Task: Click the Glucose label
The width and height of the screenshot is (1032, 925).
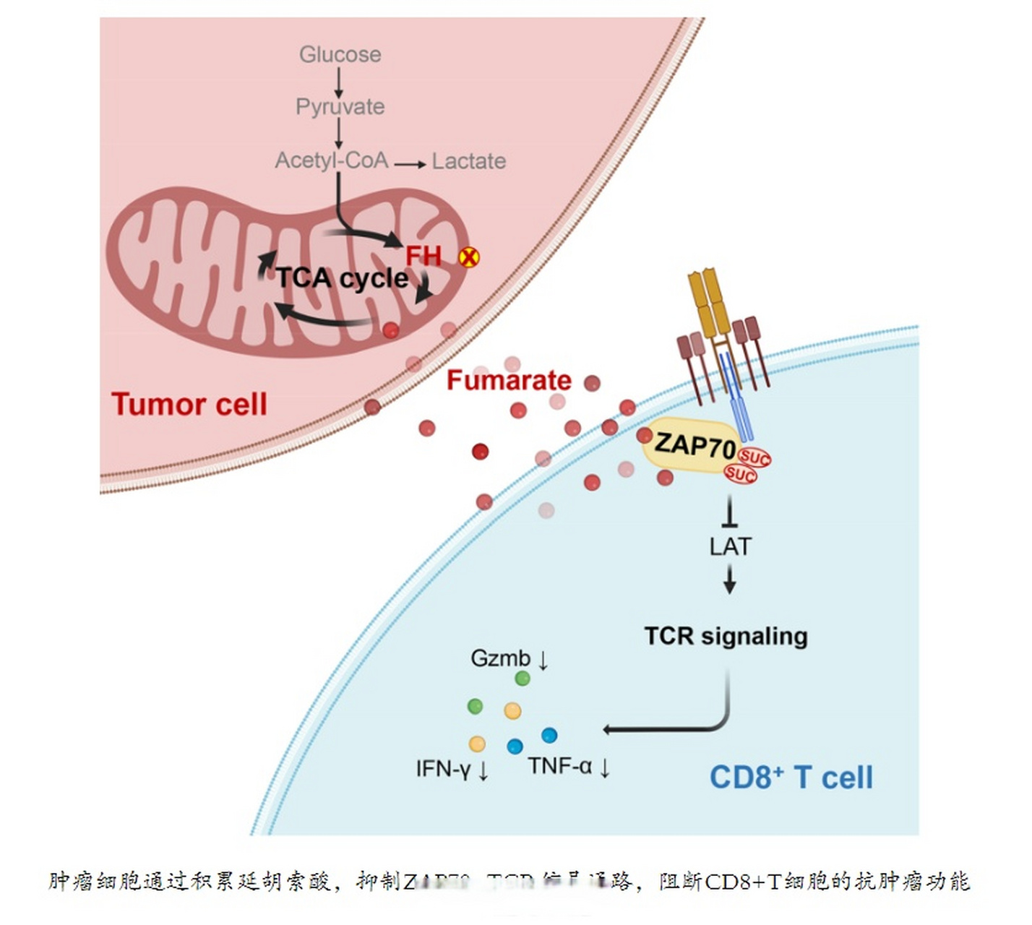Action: (340, 54)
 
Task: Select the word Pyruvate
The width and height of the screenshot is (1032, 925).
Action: (340, 107)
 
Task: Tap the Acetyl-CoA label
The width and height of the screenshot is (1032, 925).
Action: (332, 160)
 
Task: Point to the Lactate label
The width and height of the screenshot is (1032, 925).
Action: (468, 160)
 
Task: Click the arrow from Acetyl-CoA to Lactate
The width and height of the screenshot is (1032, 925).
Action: (410, 164)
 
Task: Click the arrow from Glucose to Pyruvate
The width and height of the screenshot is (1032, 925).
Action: (338, 82)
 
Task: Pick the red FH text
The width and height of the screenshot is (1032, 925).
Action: (423, 256)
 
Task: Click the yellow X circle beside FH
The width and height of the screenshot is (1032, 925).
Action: (469, 257)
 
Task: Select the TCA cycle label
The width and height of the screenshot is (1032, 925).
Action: (342, 277)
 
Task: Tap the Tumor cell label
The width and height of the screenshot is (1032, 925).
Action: (189, 403)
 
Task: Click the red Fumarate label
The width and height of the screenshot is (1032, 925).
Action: (509, 380)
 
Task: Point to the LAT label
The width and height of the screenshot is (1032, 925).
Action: (730, 546)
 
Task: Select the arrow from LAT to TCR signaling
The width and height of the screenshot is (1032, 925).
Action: (730, 579)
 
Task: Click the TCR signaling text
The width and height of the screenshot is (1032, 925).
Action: (726, 636)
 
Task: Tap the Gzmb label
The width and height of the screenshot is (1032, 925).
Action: (501, 658)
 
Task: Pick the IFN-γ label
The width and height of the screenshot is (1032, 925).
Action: (444, 768)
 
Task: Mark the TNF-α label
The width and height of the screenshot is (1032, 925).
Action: (560, 765)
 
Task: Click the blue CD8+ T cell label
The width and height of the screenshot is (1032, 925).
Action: (791, 778)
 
